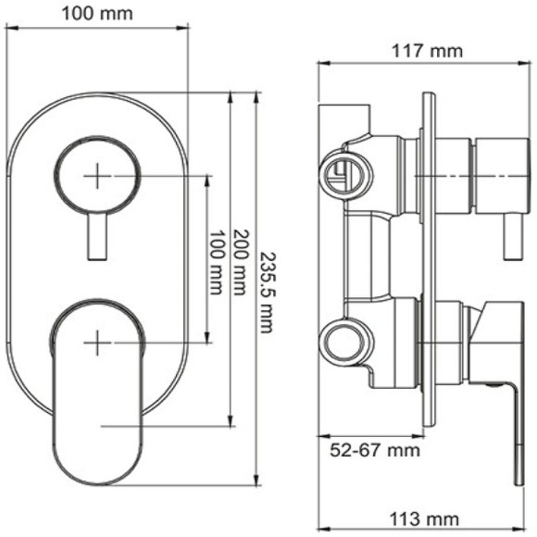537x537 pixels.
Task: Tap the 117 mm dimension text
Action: pos(429,51)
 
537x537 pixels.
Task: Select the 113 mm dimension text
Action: pos(429,516)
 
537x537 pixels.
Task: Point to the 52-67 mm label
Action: pos(368,451)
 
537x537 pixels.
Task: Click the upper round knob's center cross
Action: pos(97,175)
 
